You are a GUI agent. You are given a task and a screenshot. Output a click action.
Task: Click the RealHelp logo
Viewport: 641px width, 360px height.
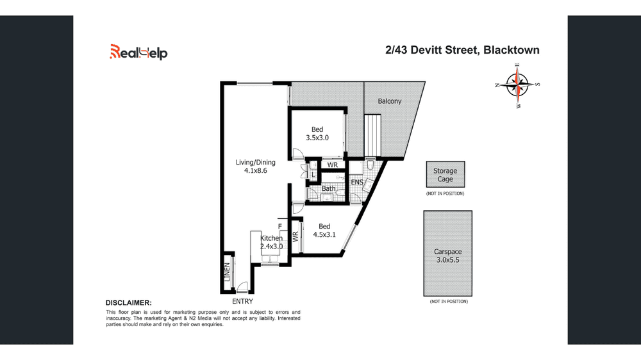pos(138,52)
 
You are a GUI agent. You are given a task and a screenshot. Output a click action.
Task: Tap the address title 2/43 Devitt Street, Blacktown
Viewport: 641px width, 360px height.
pos(462,50)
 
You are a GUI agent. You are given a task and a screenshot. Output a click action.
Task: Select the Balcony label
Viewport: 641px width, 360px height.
pos(389,101)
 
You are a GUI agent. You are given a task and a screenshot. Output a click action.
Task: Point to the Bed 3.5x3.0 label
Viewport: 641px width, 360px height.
pos(317,133)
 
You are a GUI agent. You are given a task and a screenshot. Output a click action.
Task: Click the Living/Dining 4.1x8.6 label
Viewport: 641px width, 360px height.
pos(255,167)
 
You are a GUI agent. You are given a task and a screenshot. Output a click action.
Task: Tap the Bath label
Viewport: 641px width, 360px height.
pos(329,188)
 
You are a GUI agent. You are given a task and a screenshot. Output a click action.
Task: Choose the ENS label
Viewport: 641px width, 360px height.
pos(357,183)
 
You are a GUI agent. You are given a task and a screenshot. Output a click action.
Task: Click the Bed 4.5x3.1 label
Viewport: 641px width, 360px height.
pos(324,230)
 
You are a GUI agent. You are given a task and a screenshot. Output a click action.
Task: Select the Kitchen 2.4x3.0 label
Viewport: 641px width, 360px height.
pos(271,242)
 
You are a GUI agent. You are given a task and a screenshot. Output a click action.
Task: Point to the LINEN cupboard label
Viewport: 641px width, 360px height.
pos(226,273)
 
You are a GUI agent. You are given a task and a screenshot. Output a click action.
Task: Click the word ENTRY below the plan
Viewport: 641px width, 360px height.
pos(242,301)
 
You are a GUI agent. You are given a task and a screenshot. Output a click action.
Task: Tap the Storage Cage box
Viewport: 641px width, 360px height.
pos(445,175)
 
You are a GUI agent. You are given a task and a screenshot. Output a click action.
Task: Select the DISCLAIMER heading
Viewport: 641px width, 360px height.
pos(129,302)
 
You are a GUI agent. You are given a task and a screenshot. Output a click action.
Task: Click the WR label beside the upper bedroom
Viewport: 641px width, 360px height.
pos(332,165)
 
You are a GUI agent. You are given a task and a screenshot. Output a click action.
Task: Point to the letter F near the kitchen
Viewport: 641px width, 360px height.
pos(279,226)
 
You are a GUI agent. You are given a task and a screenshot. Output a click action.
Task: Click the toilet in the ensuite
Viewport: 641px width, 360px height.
pos(372,168)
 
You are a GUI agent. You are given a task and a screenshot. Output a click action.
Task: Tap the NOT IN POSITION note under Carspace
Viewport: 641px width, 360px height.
pos(448,301)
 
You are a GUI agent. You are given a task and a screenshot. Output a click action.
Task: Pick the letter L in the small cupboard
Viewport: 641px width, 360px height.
pos(312,172)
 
